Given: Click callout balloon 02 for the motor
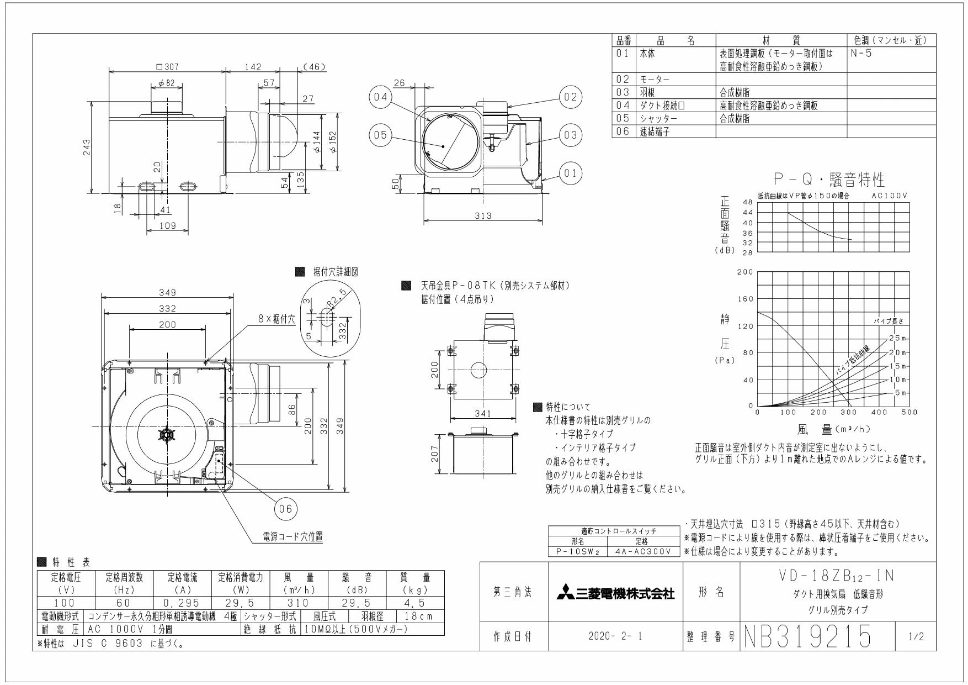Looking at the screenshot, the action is click(571, 98).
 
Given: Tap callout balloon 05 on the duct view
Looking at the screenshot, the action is click(379, 135).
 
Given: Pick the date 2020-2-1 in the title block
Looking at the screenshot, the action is click(615, 637).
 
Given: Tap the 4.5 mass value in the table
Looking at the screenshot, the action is click(414, 602).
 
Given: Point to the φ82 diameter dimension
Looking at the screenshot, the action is click(166, 83).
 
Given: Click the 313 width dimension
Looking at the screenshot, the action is click(483, 215).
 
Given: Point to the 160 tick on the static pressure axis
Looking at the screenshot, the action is click(746, 299).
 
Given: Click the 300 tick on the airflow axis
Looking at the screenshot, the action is click(849, 412).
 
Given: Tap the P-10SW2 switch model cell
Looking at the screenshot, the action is click(577, 551).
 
